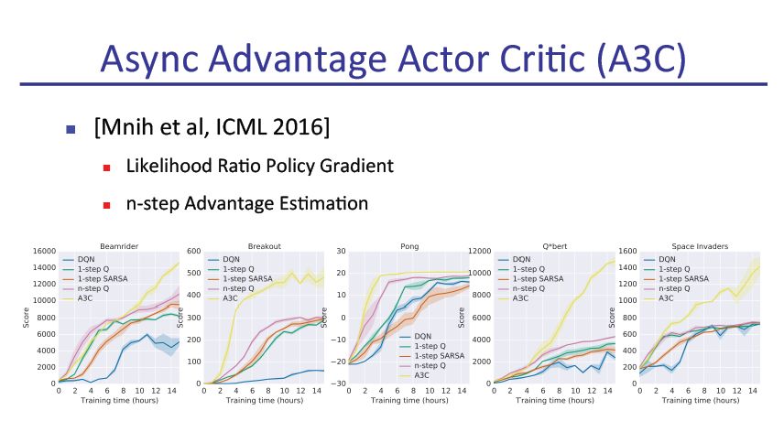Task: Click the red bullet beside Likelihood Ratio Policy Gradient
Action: pyautogui.click(x=107, y=167)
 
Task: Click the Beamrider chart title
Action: pyautogui.click(x=106, y=245)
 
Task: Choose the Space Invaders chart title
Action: pyautogui.click(x=689, y=245)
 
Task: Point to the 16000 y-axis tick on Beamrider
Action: pyautogui.click(x=41, y=252)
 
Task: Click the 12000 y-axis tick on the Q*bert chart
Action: pyautogui.click(x=479, y=252)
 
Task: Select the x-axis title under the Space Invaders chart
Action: pyautogui.click(x=690, y=400)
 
